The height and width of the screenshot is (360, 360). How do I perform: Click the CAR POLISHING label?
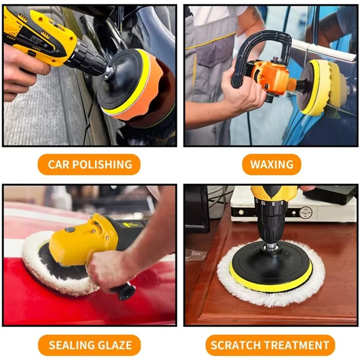[89, 165]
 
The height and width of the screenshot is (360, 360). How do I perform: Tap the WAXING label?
[271, 165]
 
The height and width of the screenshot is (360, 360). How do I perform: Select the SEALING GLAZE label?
[90, 345]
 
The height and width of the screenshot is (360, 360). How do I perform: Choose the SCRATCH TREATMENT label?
[270, 345]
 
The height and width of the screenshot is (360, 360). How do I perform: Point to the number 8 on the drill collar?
[273, 204]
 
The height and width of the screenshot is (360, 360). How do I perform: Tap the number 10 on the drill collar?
[263, 203]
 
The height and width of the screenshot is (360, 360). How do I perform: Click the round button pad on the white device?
[306, 213]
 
